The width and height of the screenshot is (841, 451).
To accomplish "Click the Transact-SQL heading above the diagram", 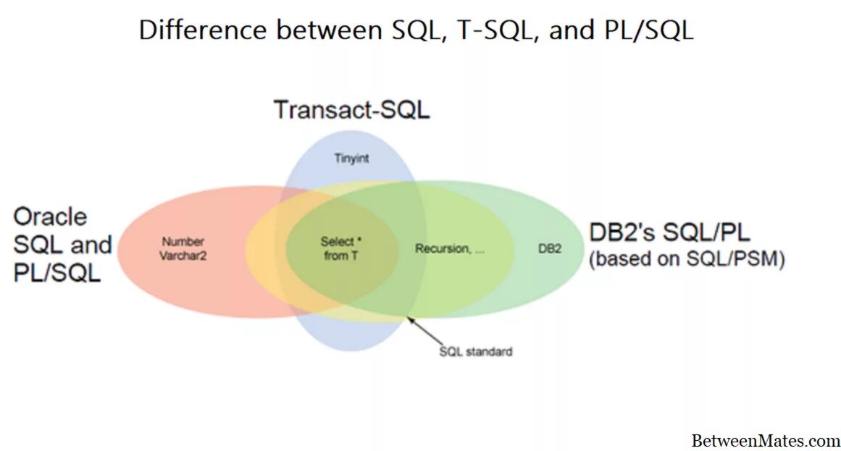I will click(351, 109).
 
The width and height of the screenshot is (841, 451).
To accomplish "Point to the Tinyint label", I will click(351, 158).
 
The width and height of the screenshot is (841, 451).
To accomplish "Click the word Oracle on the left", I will click(50, 216).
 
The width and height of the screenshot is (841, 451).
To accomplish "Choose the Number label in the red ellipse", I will click(183, 242).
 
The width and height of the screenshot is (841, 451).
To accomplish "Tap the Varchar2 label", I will click(183, 256).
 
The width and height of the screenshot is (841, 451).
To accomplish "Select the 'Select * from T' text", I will click(337, 248).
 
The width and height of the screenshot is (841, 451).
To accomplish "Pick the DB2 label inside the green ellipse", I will click(550, 248).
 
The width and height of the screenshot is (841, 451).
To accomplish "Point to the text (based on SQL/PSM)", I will click(687, 259).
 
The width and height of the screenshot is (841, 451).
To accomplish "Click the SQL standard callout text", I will click(476, 352).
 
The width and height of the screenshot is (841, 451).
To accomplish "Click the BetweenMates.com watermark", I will click(766, 439).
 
